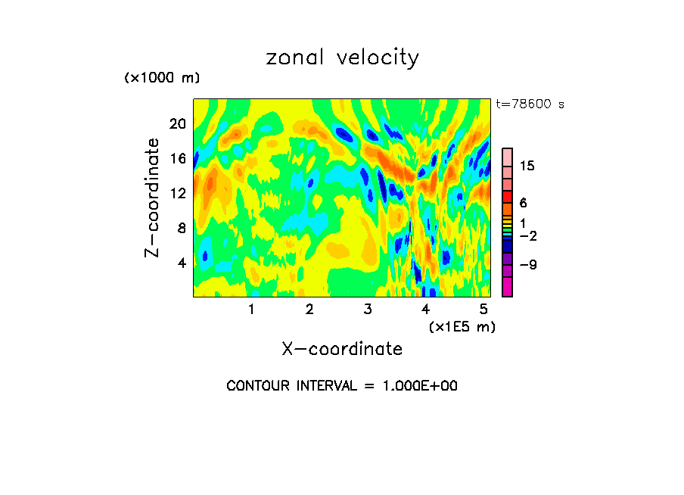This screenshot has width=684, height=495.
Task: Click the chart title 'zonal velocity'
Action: point(342,58)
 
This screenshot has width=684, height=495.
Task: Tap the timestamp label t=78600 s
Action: point(530,104)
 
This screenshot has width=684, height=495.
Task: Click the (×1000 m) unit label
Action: point(161,78)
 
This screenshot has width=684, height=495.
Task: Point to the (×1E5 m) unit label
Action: point(462,326)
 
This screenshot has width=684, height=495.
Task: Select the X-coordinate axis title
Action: point(342,349)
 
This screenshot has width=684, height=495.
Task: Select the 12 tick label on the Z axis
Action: point(176,193)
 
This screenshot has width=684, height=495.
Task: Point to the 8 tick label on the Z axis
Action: point(181,228)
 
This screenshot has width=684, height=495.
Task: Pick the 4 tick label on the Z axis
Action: point(181,263)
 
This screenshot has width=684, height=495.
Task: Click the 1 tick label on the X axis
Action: point(251,309)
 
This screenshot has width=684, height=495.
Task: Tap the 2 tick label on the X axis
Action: point(309,309)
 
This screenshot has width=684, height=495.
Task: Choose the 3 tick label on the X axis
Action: point(368,309)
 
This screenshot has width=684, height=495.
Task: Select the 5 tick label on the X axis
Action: point(483,309)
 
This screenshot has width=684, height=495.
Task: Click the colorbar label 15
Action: point(527,167)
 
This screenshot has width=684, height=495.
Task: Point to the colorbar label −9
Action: point(527,265)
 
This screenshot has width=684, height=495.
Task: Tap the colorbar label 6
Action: point(523,203)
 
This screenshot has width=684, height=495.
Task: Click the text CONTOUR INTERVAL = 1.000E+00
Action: point(342,386)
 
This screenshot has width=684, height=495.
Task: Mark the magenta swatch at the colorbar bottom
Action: point(507,288)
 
